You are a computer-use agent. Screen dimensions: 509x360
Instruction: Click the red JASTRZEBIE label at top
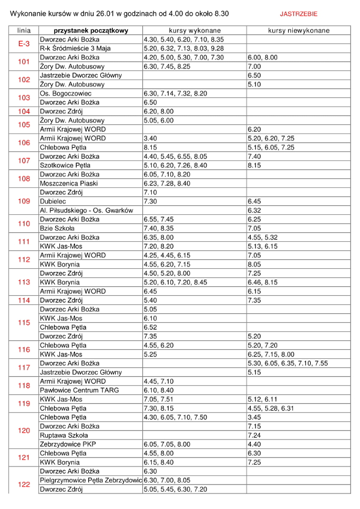tap(299, 13)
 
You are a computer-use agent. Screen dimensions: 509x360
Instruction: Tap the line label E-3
tap(24, 43)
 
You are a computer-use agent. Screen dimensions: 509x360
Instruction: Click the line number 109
tap(24, 201)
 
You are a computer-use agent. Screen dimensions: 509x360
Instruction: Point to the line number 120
tap(24, 430)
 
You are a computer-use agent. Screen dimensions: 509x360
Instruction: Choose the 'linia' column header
tap(24, 29)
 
